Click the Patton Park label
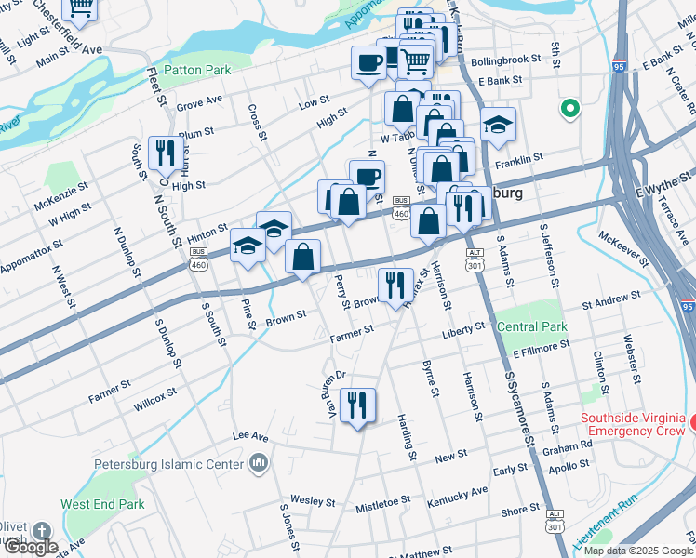pos(196,70)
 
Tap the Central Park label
pos(531,327)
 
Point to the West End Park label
pos(102,504)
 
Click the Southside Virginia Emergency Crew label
pos(633,425)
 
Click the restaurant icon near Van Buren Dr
pos(357,405)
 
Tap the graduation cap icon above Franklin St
pos(498,125)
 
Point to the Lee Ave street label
pos(250,435)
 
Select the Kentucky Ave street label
pos(457,497)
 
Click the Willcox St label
pos(154,400)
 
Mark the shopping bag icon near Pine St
pos(303,258)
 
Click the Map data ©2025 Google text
pos(638,551)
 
